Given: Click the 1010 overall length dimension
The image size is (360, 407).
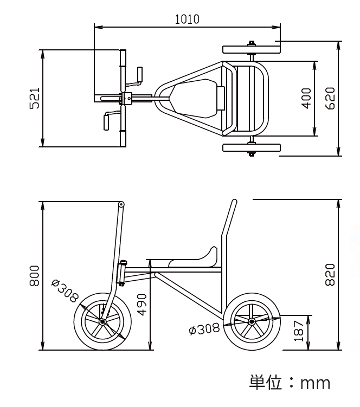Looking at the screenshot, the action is [x=187, y=20].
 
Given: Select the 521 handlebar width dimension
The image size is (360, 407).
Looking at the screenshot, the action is [x=35, y=99].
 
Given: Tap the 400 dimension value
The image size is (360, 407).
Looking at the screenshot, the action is [x=306, y=99].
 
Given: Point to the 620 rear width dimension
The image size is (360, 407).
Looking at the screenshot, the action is [x=330, y=99].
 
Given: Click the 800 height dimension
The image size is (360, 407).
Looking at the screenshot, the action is [x=35, y=276].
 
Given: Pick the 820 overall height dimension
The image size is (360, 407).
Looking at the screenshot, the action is [x=330, y=275].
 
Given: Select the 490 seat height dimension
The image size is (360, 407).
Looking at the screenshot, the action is [x=142, y=305].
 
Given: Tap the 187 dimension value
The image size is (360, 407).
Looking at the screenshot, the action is [x=299, y=331].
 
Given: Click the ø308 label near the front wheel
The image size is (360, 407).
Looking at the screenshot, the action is [x=65, y=290].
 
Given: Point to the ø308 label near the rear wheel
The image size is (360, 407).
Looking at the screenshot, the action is [x=204, y=329].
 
